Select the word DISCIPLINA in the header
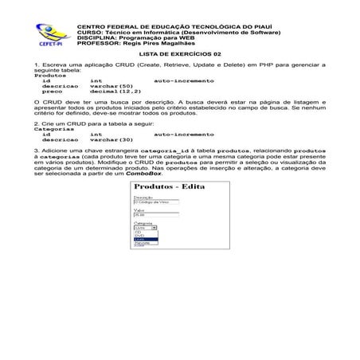[x=92, y=37]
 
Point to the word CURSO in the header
[x=85, y=31]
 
